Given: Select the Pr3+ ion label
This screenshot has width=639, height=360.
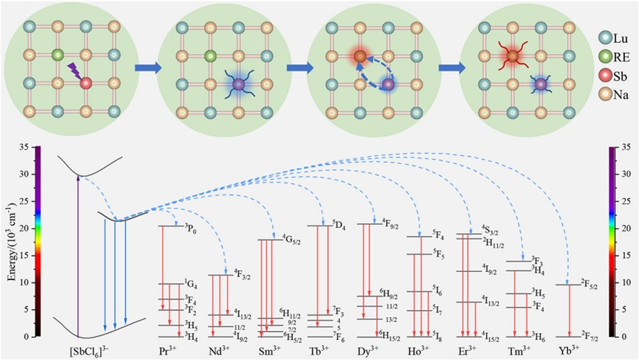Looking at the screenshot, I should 169,350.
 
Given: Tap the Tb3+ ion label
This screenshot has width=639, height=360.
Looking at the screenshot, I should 321,350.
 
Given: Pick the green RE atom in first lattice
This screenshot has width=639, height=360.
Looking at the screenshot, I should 57,55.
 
